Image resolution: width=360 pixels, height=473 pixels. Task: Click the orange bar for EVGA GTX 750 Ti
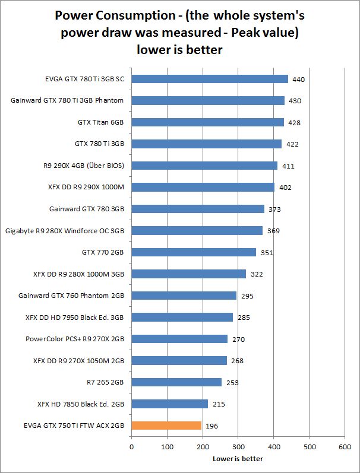166,426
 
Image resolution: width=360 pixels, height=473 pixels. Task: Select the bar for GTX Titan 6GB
207,122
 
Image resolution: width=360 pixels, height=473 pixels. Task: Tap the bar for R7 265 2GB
176,382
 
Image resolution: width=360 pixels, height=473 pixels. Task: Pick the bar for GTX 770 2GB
194,252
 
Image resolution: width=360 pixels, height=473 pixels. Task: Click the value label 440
298,79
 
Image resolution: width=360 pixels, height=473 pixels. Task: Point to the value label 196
211,426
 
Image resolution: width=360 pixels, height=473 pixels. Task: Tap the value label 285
243,318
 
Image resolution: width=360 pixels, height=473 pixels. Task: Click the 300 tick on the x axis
238,447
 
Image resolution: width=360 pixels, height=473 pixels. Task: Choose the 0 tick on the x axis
131,447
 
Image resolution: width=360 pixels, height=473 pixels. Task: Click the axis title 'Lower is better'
238,458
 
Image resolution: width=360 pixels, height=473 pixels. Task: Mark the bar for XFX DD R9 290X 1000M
203,187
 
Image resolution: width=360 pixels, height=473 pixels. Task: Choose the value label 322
256,274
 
